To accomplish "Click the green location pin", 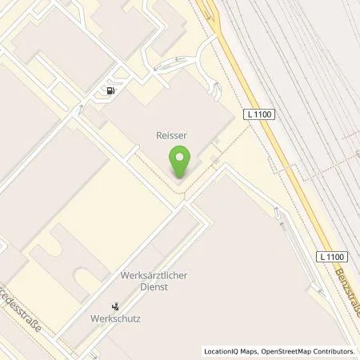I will coord(181,162).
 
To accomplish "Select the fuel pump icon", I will coord(109,91).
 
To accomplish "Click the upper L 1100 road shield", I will coord(261,115).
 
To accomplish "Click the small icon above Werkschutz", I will coord(115,306).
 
